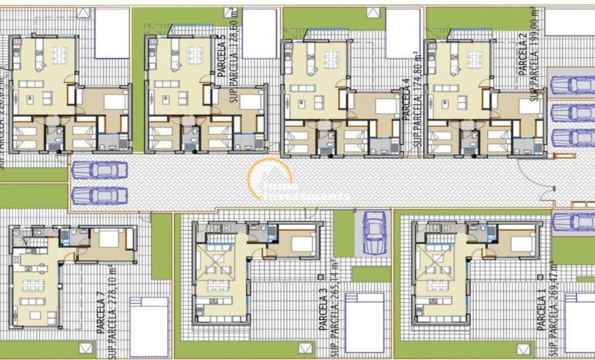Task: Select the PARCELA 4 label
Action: point(406,100)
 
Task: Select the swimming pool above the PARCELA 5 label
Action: point(259,34)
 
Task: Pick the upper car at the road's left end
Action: point(100,170)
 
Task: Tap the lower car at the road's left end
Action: point(100,196)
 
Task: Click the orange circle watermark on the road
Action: point(270,179)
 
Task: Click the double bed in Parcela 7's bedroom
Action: point(109,239)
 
